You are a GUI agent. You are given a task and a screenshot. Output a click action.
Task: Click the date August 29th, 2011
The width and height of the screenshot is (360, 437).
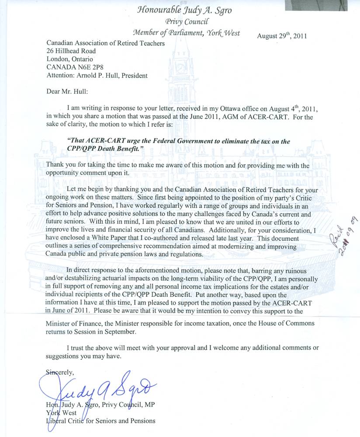pyautogui.click(x=282, y=36)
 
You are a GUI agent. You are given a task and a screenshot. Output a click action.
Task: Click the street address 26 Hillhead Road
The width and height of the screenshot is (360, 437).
pyautogui.click(x=71, y=51)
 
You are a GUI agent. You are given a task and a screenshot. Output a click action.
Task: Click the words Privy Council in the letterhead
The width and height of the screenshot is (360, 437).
pyautogui.click(x=187, y=22)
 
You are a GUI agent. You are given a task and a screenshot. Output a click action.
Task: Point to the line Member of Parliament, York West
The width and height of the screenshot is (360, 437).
pyautogui.click(x=187, y=33)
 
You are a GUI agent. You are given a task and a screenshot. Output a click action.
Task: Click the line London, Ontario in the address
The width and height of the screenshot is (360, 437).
pyautogui.click(x=69, y=59)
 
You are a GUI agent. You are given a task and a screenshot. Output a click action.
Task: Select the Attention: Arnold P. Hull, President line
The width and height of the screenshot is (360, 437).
pyautogui.click(x=97, y=75)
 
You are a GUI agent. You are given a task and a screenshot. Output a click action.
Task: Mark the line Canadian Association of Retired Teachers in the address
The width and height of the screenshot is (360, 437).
pyautogui.click(x=105, y=43)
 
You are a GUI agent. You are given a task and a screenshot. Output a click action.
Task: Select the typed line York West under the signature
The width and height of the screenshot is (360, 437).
pyautogui.click(x=60, y=413)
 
